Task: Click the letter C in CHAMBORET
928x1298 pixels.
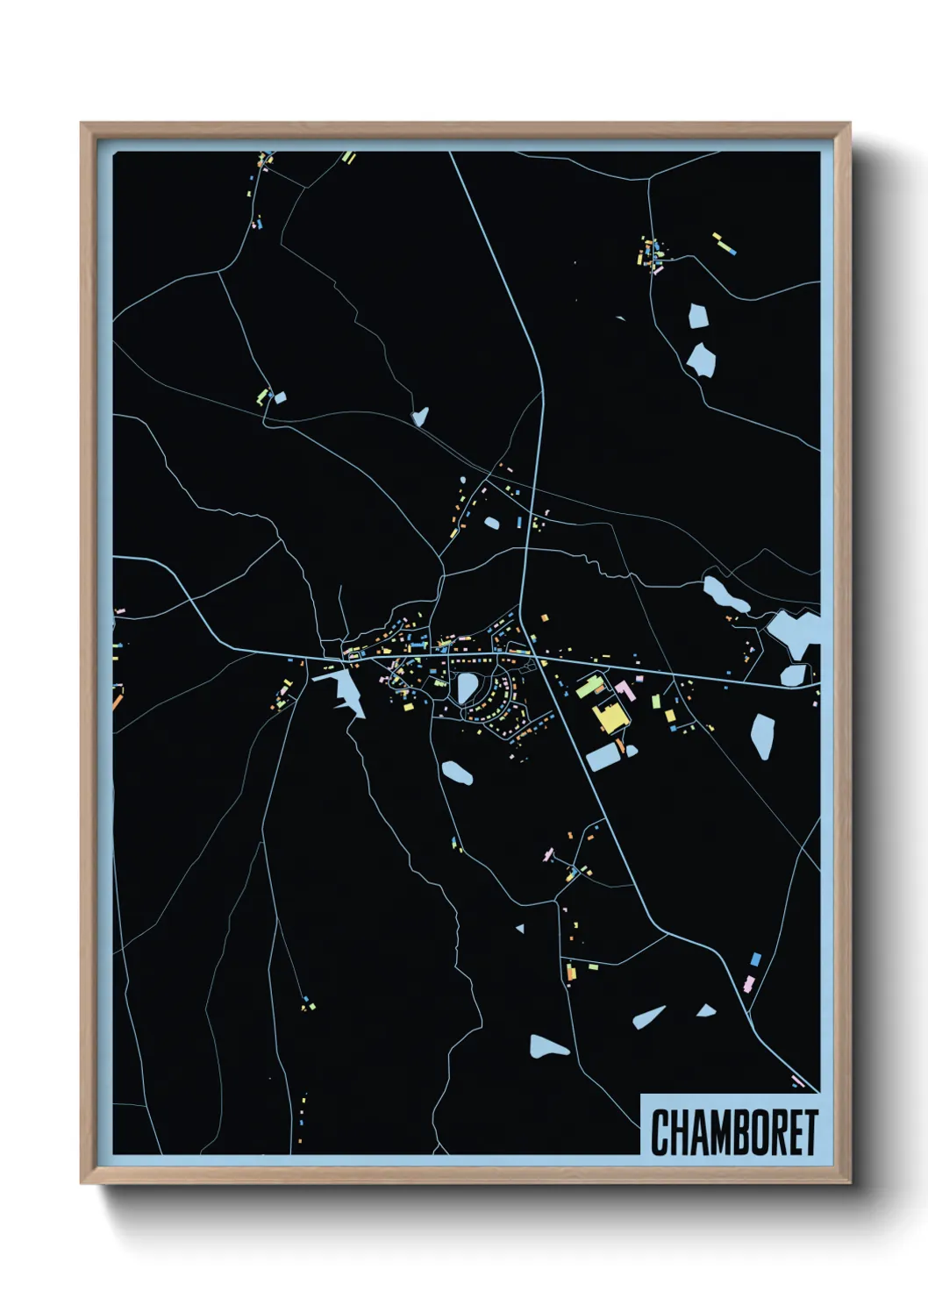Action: pyautogui.click(x=660, y=1132)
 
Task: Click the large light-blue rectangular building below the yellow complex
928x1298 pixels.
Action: pyautogui.click(x=603, y=757)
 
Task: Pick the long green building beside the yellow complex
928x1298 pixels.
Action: pyautogui.click(x=589, y=687)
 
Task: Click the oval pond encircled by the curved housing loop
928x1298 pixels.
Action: pyautogui.click(x=467, y=688)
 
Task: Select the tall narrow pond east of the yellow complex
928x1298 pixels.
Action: pyautogui.click(x=761, y=735)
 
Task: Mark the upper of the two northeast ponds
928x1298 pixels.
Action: pyautogui.click(x=698, y=316)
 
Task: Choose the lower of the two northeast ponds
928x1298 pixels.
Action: pyautogui.click(x=701, y=358)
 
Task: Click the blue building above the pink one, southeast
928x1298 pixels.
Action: pyautogui.click(x=755, y=959)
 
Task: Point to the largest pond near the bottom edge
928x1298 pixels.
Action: pyautogui.click(x=547, y=1045)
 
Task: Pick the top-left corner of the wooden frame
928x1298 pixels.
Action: pyautogui.click(x=82, y=124)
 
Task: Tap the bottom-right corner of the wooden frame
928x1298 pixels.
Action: pyautogui.click(x=849, y=1182)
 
